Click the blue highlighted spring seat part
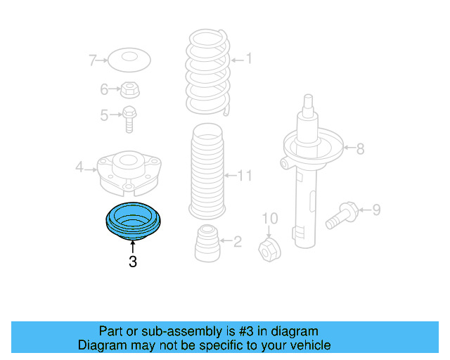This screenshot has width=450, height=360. [132, 220]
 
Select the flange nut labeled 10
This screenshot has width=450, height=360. [270, 247]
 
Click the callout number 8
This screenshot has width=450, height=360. [360, 148]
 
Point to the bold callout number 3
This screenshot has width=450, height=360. [132, 263]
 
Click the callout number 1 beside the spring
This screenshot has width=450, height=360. [248, 60]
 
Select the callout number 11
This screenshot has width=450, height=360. [244, 175]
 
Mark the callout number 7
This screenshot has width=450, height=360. [92, 60]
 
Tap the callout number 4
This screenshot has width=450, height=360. [79, 167]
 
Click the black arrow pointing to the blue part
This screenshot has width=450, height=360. [132, 246]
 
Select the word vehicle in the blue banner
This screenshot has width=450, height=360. [307, 345]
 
